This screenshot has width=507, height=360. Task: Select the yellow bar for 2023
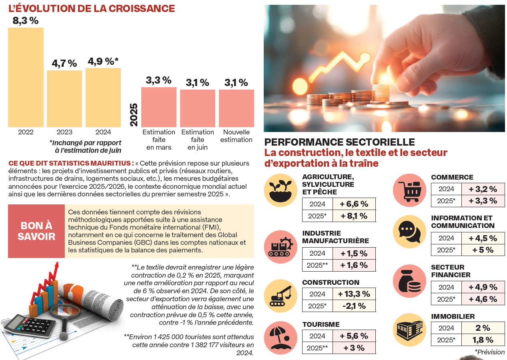point(64,99)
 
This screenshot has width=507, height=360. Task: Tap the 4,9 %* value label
point(103,62)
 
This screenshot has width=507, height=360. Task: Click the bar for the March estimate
point(158,107)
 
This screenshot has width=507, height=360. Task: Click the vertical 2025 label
point(134,114)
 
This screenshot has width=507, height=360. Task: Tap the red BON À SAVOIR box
point(36,231)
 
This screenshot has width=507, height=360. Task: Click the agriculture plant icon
point(281,190)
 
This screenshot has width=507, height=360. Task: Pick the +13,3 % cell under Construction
point(354,294)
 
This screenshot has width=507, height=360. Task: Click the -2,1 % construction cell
point(354,306)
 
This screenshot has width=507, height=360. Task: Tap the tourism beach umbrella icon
point(281,338)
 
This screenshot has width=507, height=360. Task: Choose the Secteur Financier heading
point(447,271)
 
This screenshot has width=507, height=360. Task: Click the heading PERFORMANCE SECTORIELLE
point(339,142)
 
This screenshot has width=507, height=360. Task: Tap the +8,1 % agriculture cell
point(354,216)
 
